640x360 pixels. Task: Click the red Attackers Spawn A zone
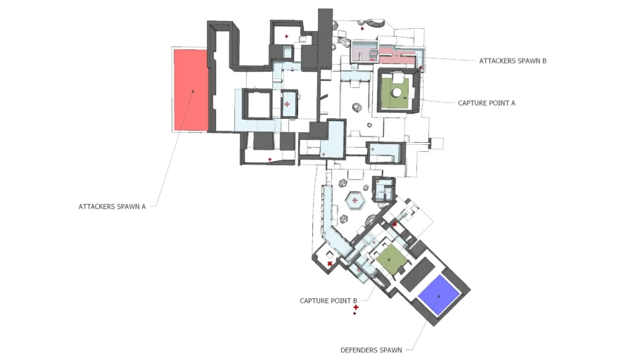[x=191, y=89]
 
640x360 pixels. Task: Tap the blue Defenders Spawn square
[x=440, y=294]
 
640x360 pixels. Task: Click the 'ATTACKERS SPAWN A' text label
[x=113, y=207]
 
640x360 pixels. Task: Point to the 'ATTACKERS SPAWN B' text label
[x=513, y=61]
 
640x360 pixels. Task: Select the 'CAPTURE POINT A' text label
[x=487, y=103]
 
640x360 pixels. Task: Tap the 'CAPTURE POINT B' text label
[x=328, y=301]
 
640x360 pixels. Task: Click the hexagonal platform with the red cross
[x=355, y=201]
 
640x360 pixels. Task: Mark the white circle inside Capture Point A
[x=397, y=93]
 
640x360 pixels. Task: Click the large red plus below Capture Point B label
[x=356, y=307]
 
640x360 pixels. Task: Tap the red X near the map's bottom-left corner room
[x=330, y=264]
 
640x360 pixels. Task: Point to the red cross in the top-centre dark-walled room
[x=286, y=37]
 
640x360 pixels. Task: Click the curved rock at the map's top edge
[x=373, y=23]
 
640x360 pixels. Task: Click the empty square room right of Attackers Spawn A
[x=257, y=105]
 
